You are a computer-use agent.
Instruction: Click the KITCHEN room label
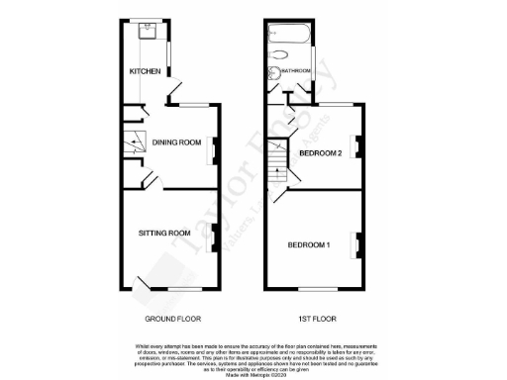point(145,72)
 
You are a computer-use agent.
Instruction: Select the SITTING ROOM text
point(164,234)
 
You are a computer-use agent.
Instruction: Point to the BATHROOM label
point(297,71)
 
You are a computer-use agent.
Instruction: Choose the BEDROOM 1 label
point(310,243)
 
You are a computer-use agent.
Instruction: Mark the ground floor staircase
point(133,142)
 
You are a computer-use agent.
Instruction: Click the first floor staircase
point(278,173)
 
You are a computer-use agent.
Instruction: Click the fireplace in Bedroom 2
point(358,145)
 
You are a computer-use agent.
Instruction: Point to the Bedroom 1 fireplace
point(358,239)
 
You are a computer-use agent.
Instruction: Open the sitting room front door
point(146,284)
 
